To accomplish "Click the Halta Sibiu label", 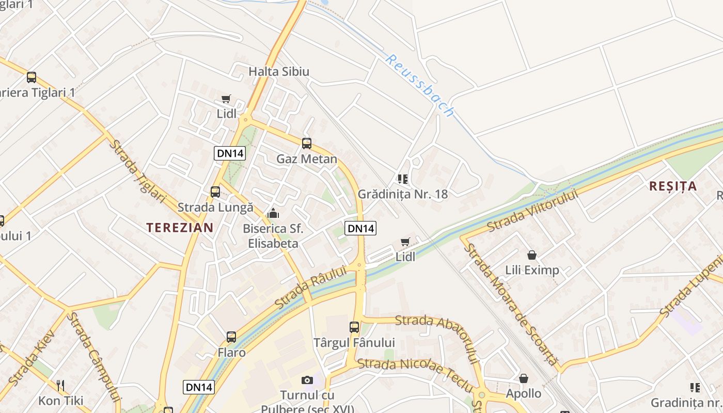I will [279, 71].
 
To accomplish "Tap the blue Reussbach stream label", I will [420, 85].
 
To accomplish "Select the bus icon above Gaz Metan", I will [307, 144].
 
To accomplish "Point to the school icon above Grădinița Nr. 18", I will [403, 179].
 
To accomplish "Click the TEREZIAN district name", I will [180, 228].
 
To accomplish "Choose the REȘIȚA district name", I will [673, 186].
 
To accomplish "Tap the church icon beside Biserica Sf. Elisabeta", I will [273, 213].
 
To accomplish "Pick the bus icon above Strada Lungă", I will [215, 192].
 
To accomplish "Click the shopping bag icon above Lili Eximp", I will [532, 255].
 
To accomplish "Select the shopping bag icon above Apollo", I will [524, 379].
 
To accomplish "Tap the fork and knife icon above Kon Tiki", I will [61, 385].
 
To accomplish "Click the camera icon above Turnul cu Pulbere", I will [307, 380].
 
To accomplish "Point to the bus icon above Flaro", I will [231, 337].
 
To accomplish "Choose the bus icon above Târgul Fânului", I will [354, 327].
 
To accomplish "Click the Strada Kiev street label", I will [32, 356].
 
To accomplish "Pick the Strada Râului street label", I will [311, 287].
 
